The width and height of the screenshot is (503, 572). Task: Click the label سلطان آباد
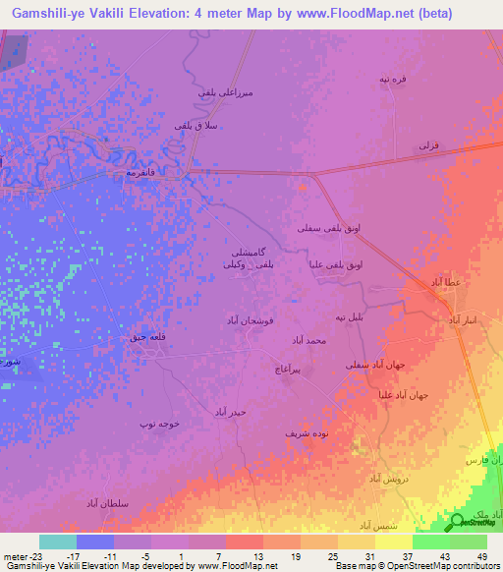coord(136,501)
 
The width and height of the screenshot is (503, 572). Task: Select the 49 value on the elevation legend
coord(478,555)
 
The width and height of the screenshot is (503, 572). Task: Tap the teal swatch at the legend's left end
coord(57,542)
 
